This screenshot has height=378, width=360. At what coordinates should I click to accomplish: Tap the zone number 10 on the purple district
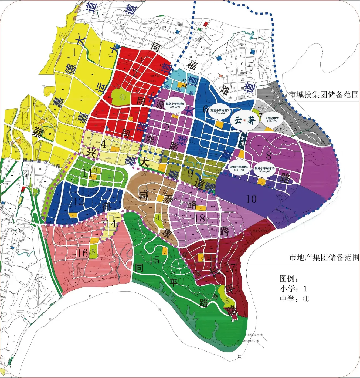(251, 199)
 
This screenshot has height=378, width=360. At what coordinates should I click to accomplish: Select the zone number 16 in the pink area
(83, 253)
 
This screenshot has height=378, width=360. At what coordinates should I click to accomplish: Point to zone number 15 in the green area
(154, 260)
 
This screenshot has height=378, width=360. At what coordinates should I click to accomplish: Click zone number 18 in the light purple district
(200, 218)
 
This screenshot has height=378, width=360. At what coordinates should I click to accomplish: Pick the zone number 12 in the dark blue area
(79, 201)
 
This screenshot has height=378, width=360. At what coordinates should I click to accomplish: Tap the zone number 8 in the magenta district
(269, 156)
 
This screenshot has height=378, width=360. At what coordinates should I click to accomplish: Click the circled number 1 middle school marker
(123, 97)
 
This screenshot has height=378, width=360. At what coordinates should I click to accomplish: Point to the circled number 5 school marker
(93, 252)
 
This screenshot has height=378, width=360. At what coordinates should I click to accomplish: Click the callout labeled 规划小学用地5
(175, 105)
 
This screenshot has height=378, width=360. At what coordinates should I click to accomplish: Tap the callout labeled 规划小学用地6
(219, 112)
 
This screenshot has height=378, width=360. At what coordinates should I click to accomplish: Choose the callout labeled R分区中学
(272, 120)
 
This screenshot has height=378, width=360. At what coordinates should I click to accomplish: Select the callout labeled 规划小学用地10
(264, 170)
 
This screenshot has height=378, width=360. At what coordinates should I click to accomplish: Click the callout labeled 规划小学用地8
(239, 168)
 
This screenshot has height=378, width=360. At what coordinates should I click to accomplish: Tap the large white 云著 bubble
(244, 120)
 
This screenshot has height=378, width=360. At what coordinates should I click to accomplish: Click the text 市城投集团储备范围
(324, 95)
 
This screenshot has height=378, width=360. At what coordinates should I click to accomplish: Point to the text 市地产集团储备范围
(324, 257)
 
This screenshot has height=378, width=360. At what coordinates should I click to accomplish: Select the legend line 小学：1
(293, 289)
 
